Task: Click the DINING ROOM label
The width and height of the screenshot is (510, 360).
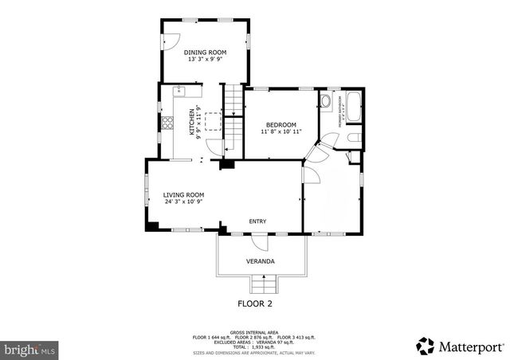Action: pyautogui.click(x=206, y=53)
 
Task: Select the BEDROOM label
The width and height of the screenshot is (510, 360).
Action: pyautogui.click(x=280, y=125)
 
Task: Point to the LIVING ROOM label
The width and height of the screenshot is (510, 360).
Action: pyautogui.click(x=183, y=194)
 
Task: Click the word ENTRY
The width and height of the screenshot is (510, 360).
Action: pyautogui.click(x=257, y=221)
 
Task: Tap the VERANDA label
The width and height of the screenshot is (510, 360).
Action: pyautogui.click(x=261, y=261)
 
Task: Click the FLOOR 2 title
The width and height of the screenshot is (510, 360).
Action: pyautogui.click(x=255, y=303)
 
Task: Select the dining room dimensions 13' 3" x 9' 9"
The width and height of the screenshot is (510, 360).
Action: pyautogui.click(x=206, y=60)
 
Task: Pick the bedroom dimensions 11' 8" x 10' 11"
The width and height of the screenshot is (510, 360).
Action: pyautogui.click(x=280, y=132)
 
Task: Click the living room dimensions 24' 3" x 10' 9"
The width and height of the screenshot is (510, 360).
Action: pyautogui.click(x=183, y=202)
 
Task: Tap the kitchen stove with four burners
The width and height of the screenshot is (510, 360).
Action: pyautogui.click(x=167, y=123)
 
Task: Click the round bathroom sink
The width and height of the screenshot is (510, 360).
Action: pyautogui.click(x=326, y=101)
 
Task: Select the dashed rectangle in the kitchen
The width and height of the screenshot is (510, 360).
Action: pyautogui.click(x=214, y=121)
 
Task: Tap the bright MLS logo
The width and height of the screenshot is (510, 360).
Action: pyautogui.click(x=29, y=349)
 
